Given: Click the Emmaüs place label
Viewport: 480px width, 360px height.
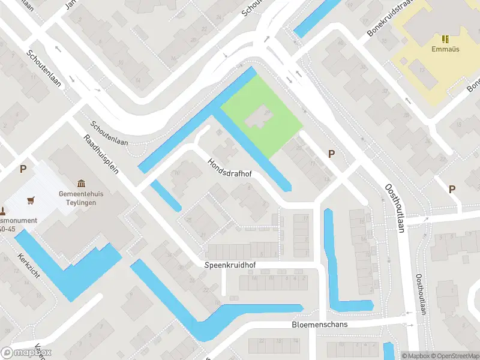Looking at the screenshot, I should [445, 49].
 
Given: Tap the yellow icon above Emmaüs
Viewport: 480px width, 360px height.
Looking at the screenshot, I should [445, 39].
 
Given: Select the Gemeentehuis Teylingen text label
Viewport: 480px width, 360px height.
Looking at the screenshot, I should [78, 198].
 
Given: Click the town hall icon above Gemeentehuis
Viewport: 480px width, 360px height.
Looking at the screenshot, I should [82, 184].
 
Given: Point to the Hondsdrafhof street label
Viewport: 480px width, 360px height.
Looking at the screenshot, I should [229, 168].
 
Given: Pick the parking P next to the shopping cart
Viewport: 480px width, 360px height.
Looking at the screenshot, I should [23, 169].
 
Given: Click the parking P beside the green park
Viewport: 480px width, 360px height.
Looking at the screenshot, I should [331, 154].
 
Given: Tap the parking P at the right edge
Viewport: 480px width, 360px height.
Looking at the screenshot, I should [452, 189].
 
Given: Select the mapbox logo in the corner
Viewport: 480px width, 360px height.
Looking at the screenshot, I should [26, 353].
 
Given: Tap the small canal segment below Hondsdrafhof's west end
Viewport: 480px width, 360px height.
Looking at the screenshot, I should [166, 196].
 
